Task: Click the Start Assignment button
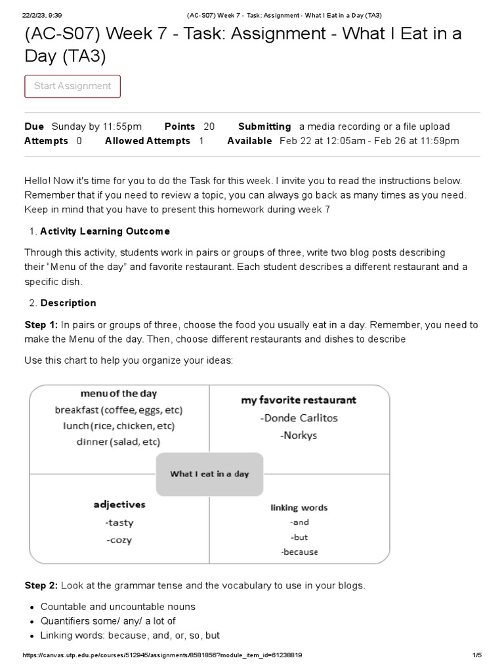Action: coord(72,86)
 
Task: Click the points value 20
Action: coord(209,126)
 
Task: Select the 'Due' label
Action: coord(34,126)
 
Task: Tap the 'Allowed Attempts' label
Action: coord(147,141)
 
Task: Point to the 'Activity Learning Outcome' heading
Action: coord(105,231)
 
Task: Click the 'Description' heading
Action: coord(68,303)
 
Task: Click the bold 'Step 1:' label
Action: coord(41,325)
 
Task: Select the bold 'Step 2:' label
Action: coord(41,585)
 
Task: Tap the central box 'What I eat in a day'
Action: coord(209,474)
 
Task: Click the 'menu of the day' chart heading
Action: coord(119,394)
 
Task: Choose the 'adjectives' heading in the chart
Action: coord(119,505)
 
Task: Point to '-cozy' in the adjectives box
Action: coord(118,540)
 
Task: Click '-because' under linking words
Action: coord(299,552)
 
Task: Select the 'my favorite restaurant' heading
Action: coord(299,400)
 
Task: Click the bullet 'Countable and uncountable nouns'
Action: coord(118,607)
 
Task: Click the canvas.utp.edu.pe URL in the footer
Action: coord(162,655)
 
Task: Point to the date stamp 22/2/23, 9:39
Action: coord(41,15)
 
